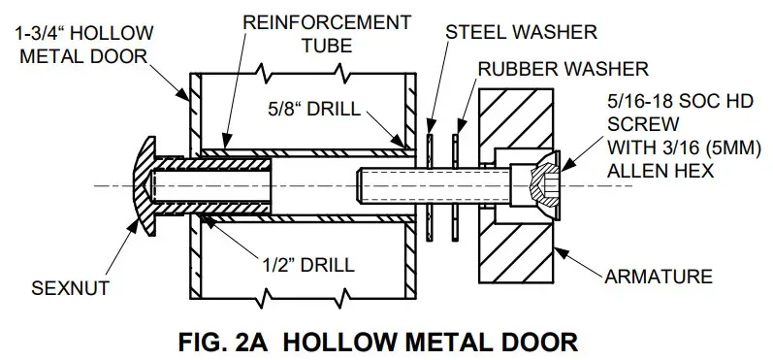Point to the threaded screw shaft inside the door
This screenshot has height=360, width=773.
point(407,181)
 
